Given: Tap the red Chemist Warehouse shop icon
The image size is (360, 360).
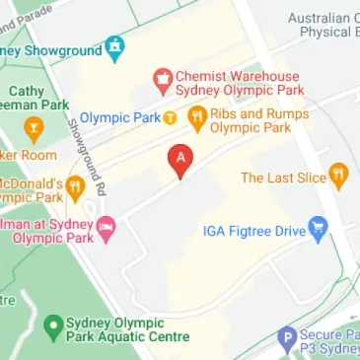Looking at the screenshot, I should click(x=161, y=77).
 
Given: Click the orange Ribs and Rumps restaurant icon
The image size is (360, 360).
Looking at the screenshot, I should click(x=196, y=118).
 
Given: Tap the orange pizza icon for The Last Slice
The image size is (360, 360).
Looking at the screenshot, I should click(x=338, y=178).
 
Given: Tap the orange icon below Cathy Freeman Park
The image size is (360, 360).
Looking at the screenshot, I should click(x=35, y=126).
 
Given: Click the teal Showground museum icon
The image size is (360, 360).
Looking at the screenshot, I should click(x=114, y=45).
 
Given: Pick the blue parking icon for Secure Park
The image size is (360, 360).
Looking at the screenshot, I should click(x=287, y=337).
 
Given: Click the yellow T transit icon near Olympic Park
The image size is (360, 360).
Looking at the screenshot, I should click(x=170, y=118).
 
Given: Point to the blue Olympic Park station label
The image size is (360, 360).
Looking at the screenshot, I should click(x=119, y=118).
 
